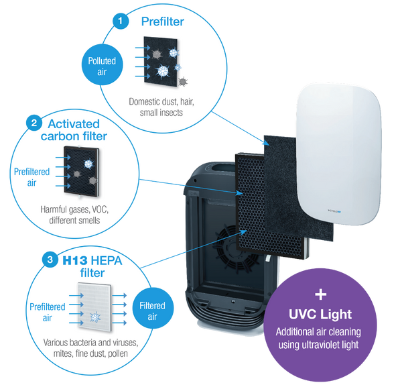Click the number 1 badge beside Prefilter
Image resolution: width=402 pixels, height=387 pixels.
point(121,22)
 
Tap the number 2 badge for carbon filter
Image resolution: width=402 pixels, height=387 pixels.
point(33,123)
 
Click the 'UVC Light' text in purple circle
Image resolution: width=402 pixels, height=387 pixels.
point(320,315)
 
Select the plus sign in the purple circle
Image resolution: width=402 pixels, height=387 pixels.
point(320,293)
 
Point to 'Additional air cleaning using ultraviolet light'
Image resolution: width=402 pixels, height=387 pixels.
point(321,337)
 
